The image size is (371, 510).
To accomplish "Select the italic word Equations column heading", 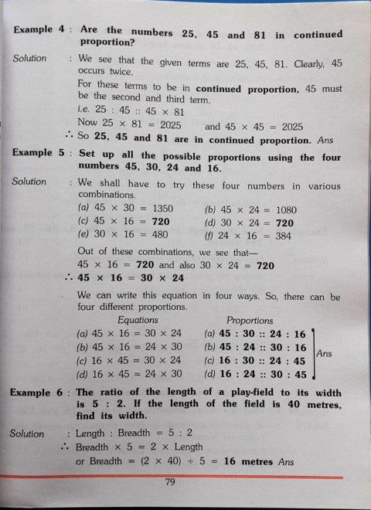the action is click(137, 320).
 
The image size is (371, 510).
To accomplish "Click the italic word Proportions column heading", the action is click(250, 320).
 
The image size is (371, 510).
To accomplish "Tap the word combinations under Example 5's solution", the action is click(105, 196).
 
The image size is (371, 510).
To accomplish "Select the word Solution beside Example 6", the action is click(27, 433).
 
